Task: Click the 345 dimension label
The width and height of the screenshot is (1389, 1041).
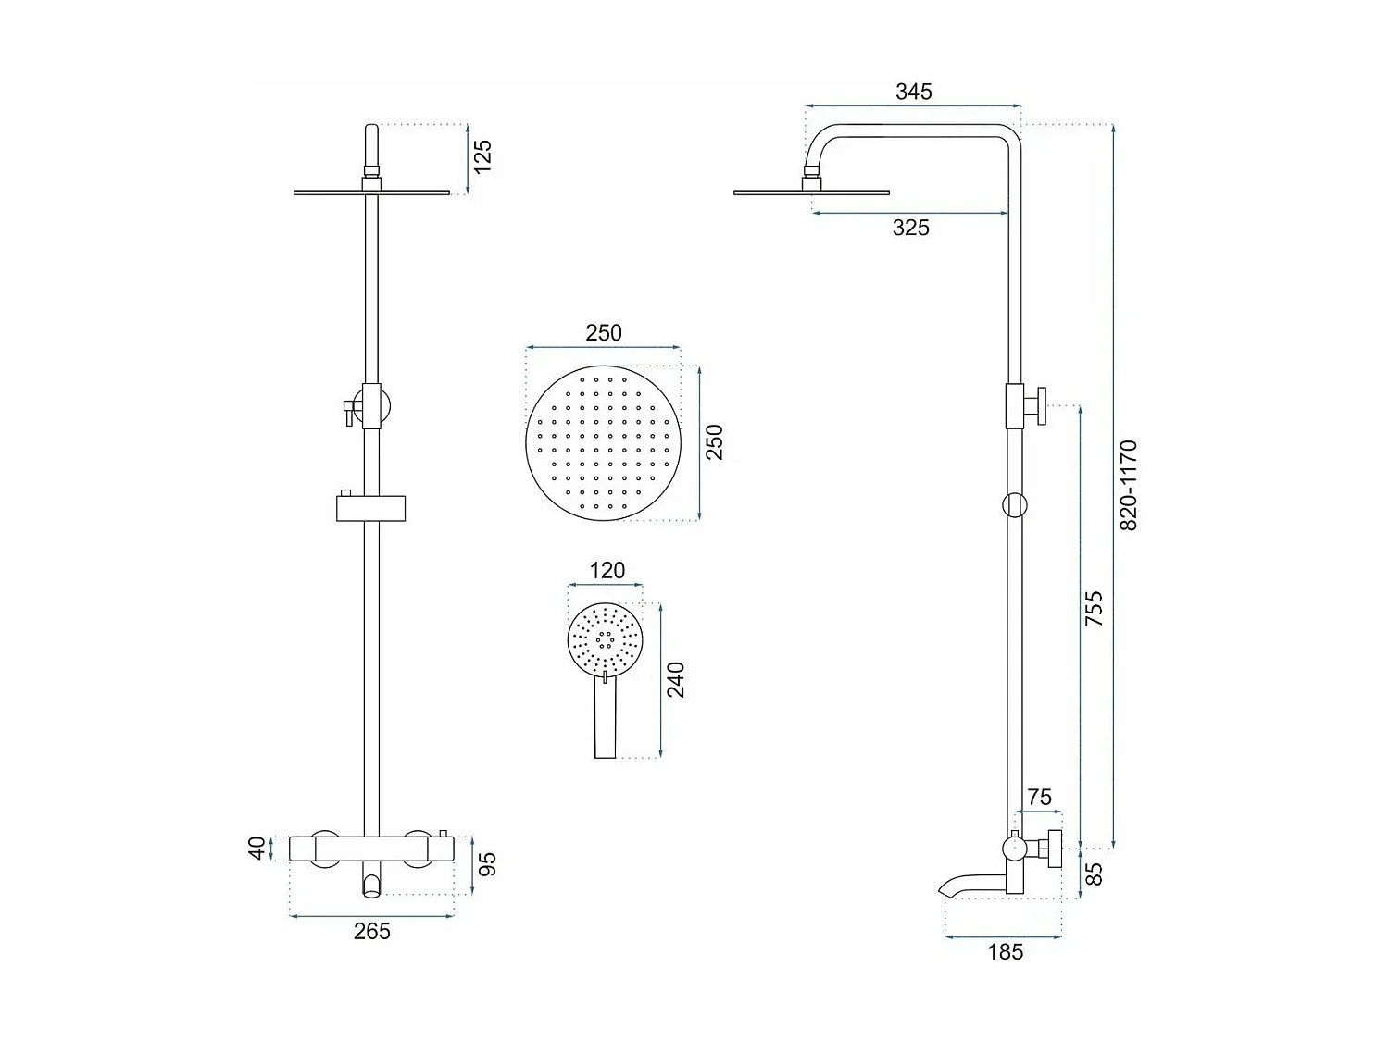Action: pos(913,92)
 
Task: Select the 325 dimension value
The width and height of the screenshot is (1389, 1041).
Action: pos(910,228)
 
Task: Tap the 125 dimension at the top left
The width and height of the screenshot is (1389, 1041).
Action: pos(482,156)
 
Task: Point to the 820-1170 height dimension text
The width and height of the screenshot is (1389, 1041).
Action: pos(1129,485)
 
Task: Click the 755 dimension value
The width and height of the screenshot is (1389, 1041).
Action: pos(1094,610)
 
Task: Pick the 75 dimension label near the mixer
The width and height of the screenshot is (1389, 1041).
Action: pos(1039,797)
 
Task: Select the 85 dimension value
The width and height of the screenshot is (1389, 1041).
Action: pos(1094,874)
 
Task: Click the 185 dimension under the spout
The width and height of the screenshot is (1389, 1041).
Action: pos(1005,951)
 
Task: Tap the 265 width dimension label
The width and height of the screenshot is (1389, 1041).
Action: pos(371,932)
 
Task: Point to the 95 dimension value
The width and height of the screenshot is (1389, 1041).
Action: pos(487,864)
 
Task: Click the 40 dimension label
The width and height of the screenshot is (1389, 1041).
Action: pos(257,848)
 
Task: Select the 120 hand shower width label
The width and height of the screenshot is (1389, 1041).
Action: pos(607,571)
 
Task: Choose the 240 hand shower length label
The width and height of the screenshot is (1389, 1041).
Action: pos(676,680)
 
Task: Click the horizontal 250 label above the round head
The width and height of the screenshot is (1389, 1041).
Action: pos(603,333)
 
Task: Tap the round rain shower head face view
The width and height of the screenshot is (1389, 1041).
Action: pos(603,441)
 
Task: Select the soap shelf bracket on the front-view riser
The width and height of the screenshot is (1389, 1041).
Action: pos(370,508)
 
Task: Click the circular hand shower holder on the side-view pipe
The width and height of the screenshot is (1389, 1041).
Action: pos(1015,504)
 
